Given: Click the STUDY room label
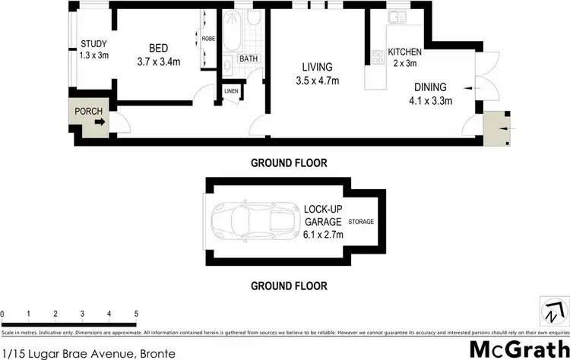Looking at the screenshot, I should (x=93, y=43).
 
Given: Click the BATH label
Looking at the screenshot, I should (x=248, y=58).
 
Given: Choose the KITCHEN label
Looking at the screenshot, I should (x=404, y=52).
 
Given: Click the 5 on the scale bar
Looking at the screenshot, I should (x=136, y=313).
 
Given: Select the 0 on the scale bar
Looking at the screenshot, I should (x=3, y=313).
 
